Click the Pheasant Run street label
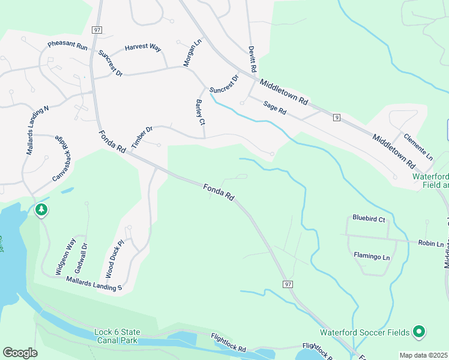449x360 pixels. [x=68, y=46]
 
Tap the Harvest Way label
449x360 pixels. [x=143, y=47]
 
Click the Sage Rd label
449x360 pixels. [x=275, y=108]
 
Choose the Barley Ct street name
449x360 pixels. [x=200, y=113]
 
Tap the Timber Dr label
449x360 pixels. [x=142, y=137]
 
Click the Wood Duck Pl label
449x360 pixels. [x=114, y=259]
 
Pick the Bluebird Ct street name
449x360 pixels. [x=369, y=219]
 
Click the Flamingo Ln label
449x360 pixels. [x=372, y=257]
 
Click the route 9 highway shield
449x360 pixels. [x=337, y=117]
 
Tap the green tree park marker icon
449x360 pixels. [x=41, y=210]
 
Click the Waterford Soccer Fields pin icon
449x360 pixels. [x=420, y=332]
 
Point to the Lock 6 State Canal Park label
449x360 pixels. [x=117, y=336]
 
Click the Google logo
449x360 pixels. [x=20, y=353]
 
